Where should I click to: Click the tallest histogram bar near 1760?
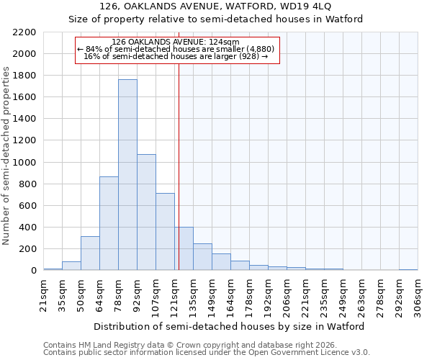pos(127,175)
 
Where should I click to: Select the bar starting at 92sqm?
pos(146,212)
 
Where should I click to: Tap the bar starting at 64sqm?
pos(109,223)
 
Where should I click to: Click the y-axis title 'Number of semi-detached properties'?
pos(7,156)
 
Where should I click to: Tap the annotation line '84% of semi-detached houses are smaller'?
pos(176,49)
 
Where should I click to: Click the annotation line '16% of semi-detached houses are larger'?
pos(176,56)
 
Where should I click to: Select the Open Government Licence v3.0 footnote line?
pos(206,353)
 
